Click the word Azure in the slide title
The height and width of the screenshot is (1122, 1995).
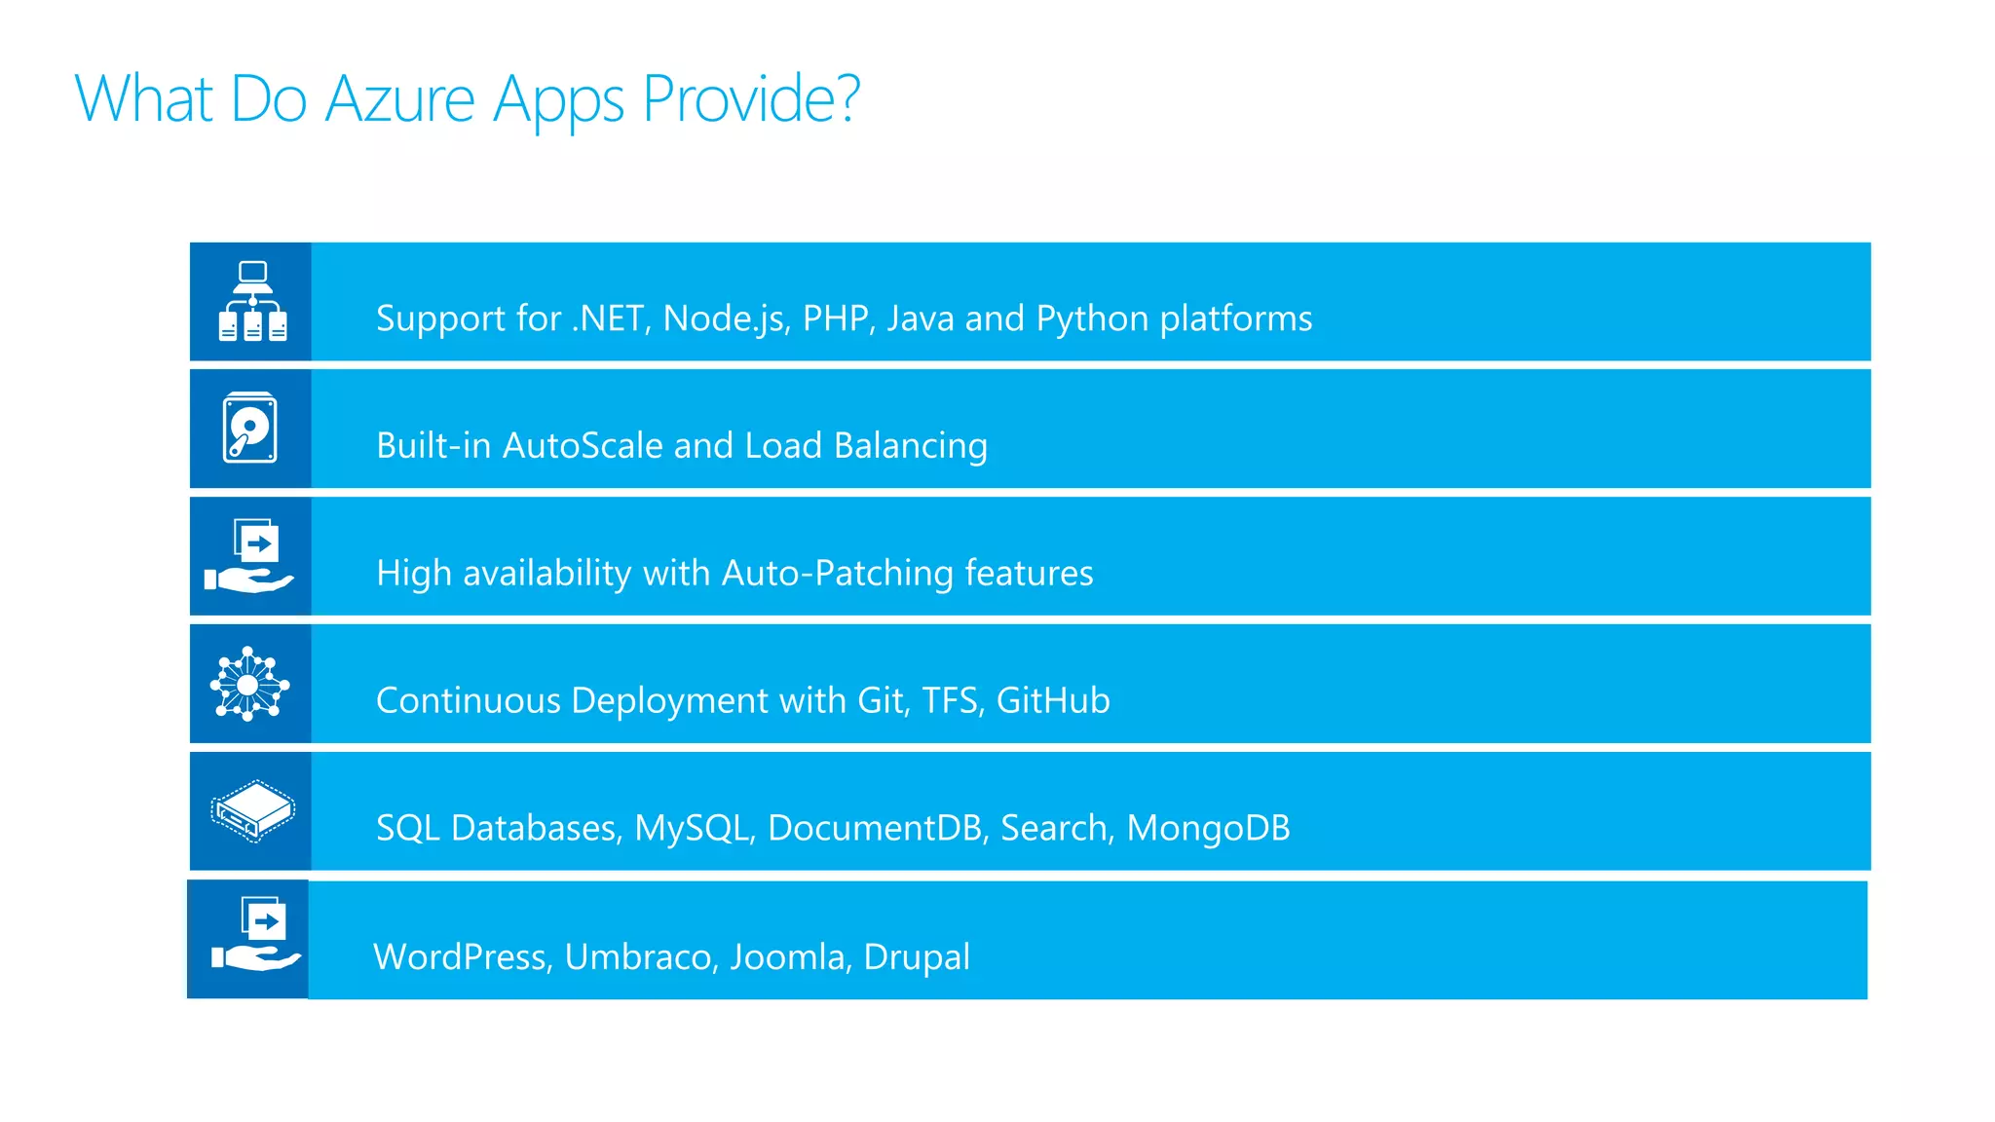point(399,99)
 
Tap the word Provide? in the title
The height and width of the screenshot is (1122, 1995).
point(751,99)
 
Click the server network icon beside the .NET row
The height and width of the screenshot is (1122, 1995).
point(252,301)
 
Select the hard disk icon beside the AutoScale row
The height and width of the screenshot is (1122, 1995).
point(250,428)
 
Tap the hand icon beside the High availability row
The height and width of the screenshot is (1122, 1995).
point(250,556)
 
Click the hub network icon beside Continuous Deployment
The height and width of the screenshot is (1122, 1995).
point(249,684)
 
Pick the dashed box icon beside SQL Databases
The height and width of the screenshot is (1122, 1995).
point(252,810)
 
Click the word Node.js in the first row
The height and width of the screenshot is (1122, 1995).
point(727,318)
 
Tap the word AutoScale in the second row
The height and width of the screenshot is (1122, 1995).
point(583,446)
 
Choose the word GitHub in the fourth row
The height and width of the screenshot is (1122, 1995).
point(1053,700)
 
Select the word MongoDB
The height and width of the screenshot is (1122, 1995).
point(1208,828)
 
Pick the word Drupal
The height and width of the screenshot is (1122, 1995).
point(917,956)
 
